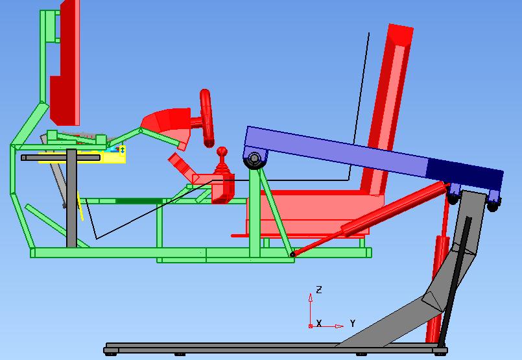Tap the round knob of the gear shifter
(222, 152)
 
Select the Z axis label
(319, 289)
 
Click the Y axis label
(353, 323)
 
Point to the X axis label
(319, 323)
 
